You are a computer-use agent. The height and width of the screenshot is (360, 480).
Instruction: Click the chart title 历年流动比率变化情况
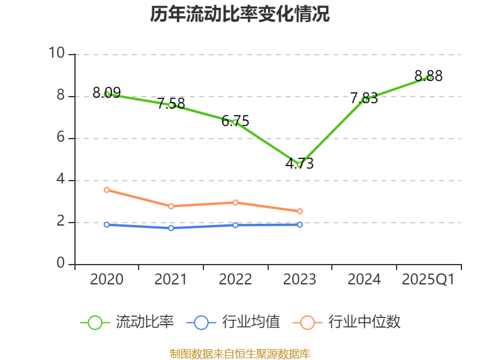coord(240,14)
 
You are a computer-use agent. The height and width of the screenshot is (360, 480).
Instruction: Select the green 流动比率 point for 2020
coord(107,94)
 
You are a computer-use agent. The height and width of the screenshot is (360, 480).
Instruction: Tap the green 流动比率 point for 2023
coord(299,164)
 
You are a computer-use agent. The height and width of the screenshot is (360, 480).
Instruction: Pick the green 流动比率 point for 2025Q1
coord(428,77)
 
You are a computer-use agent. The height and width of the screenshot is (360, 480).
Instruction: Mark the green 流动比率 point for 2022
coord(235,122)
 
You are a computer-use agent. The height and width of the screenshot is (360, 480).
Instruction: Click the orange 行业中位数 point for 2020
coord(107,190)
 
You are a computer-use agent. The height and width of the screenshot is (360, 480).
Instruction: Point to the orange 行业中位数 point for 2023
coord(299,211)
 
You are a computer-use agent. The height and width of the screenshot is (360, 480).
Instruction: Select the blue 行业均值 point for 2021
coord(171,228)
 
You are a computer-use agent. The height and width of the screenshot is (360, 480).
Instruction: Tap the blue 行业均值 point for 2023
coord(299,224)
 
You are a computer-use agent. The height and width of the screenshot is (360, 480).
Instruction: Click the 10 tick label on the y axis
coord(58,53)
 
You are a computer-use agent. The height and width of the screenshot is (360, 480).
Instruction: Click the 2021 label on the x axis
coord(171,280)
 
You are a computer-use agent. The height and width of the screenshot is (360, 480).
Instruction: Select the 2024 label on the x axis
coord(364,280)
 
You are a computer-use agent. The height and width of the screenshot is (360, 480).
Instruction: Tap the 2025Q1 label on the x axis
coord(428,280)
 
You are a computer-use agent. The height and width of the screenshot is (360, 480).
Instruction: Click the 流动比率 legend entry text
coord(145,322)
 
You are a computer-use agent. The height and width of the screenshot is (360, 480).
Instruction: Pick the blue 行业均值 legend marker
coord(201,322)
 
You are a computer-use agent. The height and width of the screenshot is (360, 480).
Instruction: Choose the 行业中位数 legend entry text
coord(364,322)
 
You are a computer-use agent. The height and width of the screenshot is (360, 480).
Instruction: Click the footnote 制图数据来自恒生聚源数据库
coord(240,353)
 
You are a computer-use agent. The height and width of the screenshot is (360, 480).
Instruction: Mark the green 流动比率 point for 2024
coord(364,100)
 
